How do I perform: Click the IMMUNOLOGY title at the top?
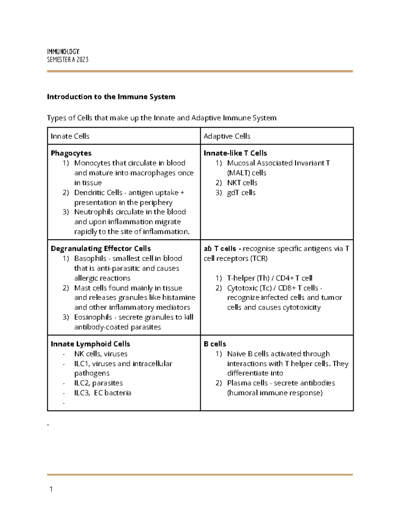63,52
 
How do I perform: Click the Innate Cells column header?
70,136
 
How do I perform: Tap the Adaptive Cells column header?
227,136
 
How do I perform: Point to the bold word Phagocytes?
71,153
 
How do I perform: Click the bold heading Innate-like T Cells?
235,153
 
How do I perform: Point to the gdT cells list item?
241,193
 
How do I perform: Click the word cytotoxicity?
302,308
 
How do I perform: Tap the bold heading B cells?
215,344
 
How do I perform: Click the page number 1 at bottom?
51,489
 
